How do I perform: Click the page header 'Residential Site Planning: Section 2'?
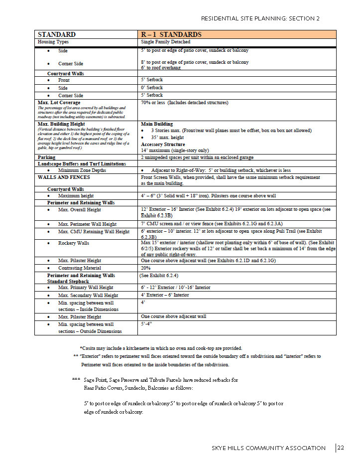260,19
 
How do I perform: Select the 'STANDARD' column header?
57,34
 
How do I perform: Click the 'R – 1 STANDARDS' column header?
171,34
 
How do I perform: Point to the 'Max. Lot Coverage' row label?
59,103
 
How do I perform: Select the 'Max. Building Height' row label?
63,124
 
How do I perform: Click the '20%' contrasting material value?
146,268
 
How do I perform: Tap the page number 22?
341,448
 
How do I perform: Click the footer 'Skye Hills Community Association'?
269,448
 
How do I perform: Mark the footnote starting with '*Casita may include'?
161,348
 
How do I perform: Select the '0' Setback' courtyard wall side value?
152,87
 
